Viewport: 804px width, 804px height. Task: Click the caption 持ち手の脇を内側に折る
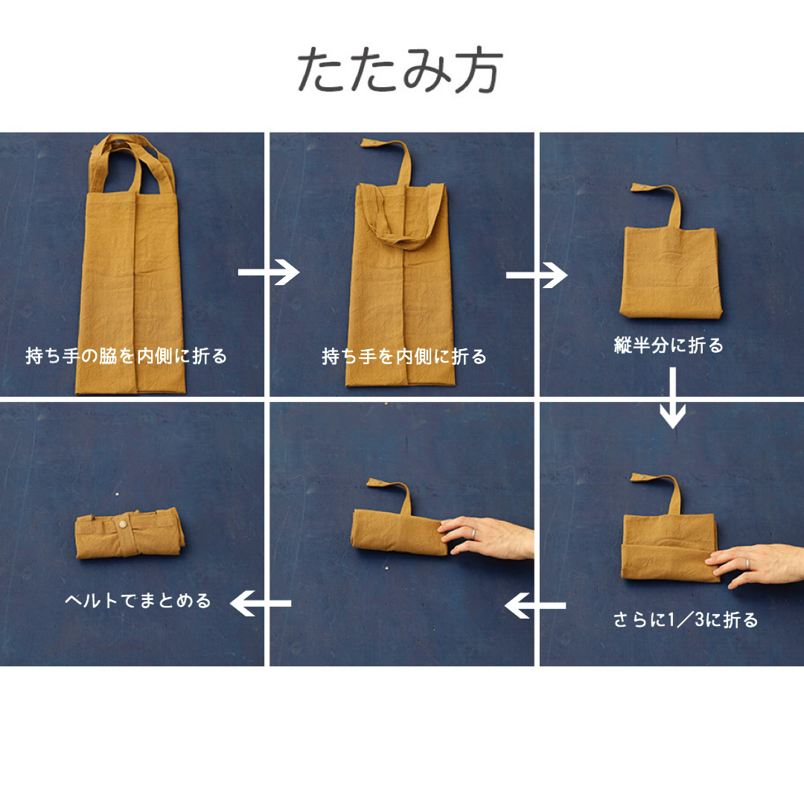coord(126,357)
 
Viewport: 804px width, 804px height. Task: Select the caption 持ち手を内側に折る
coord(404,357)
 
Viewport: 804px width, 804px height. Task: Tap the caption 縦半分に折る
coord(669,345)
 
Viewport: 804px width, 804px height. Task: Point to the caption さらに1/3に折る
coord(685,620)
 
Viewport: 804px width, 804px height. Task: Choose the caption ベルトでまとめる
coord(138,601)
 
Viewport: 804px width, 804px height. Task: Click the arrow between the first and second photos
coord(268,273)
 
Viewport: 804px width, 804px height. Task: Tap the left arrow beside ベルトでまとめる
coord(260,603)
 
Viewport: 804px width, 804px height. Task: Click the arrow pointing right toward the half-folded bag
coord(536,276)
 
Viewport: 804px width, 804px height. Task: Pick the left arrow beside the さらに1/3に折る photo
coord(535,606)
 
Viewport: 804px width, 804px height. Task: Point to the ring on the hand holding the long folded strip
coord(473,533)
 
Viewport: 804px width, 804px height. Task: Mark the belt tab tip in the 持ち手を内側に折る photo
coord(368,143)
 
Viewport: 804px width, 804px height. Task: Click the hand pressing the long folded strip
coord(488,535)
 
